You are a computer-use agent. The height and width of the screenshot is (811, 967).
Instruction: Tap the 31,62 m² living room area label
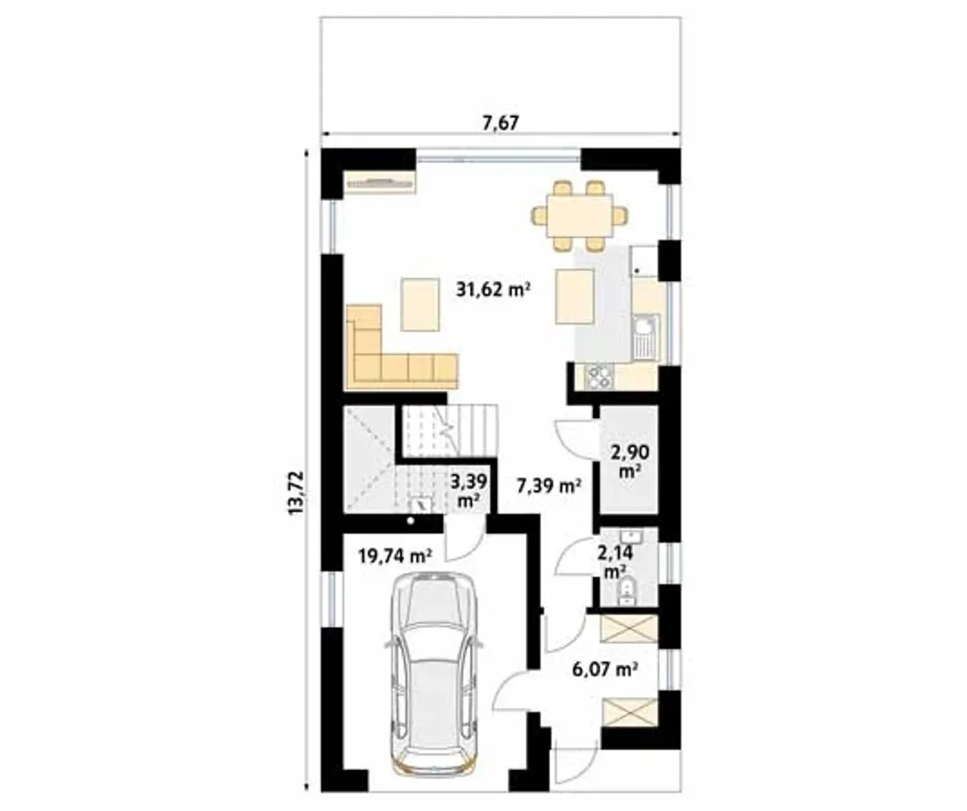(493, 289)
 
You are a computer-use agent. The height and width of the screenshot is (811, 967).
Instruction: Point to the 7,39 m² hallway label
(549, 486)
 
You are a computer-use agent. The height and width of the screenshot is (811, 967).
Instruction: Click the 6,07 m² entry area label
(606, 669)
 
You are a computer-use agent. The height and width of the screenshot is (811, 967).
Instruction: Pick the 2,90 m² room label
(630, 460)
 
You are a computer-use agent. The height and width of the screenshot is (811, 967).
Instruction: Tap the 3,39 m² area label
(468, 491)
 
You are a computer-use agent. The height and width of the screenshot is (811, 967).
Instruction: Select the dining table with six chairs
(580, 216)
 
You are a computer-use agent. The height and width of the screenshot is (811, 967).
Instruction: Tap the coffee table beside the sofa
(419, 304)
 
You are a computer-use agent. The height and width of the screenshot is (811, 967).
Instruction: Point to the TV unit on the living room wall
(379, 183)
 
